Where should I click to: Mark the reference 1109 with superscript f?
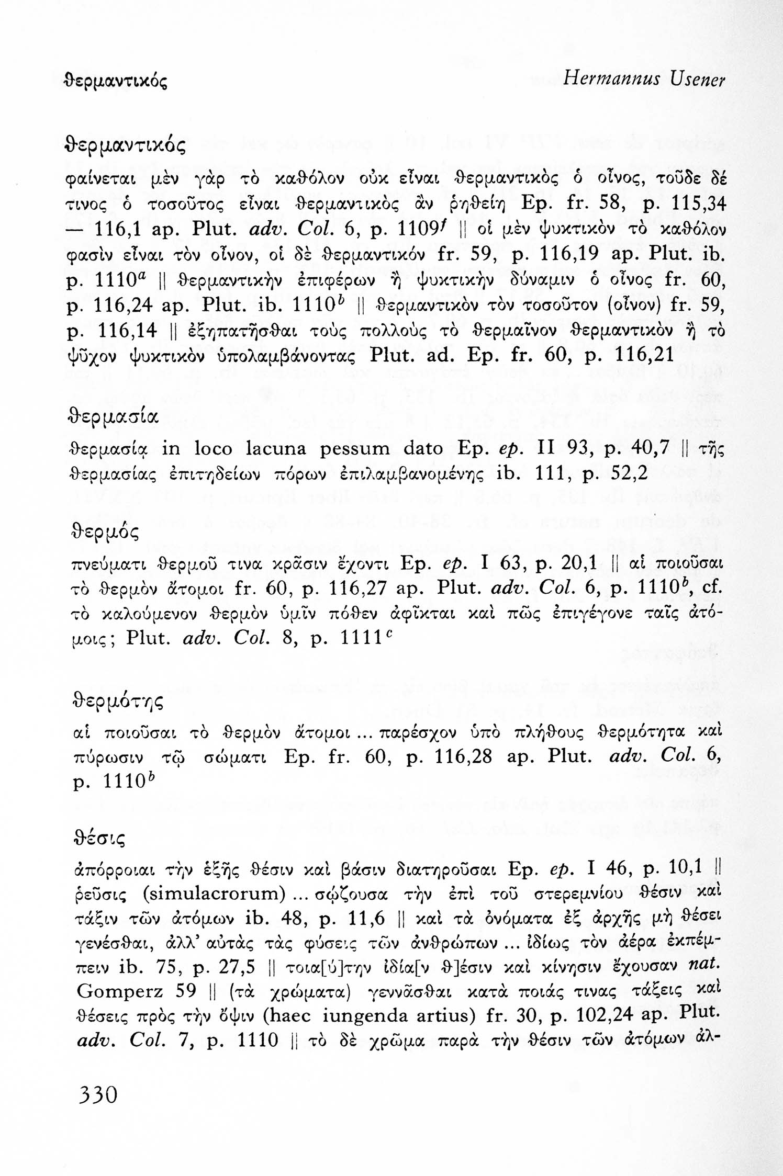(421, 231)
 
